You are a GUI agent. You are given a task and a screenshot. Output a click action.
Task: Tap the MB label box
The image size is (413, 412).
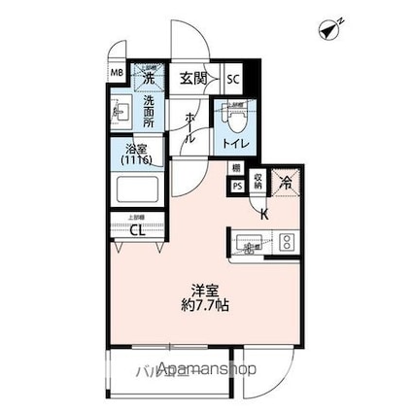117,74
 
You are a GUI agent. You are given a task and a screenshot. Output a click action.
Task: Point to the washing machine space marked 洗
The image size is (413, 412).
150,76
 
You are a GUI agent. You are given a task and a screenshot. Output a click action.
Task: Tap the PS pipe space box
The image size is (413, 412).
237,189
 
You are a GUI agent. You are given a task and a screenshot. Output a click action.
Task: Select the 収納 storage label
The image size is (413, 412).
258,180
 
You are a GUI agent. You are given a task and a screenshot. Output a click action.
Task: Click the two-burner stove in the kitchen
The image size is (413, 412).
287,242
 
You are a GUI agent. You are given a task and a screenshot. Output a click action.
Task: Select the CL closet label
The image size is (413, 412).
137,231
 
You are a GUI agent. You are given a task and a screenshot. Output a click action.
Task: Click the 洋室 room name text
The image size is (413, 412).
203,289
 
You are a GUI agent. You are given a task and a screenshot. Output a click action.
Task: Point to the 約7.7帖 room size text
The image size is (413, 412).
203,306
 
